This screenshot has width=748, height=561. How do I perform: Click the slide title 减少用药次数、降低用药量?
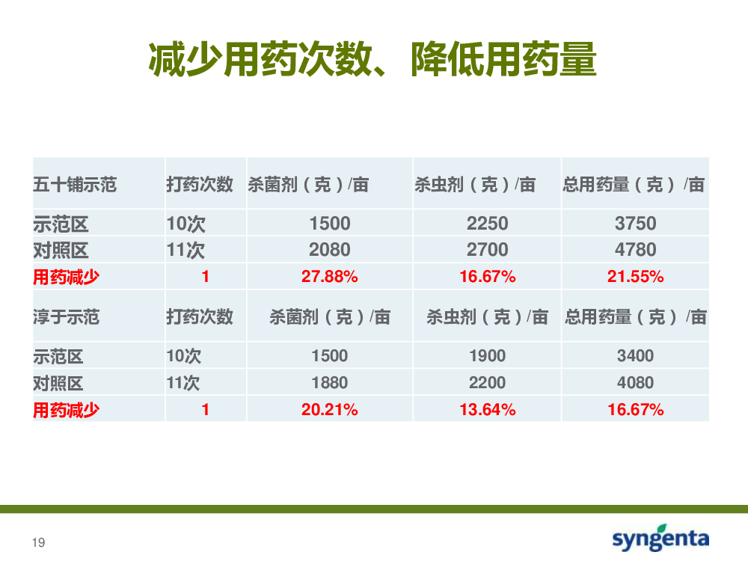[x=373, y=59]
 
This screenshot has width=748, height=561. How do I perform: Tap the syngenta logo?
[x=660, y=538]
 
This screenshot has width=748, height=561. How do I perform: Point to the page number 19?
[x=39, y=542]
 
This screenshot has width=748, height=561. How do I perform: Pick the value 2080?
[x=330, y=250]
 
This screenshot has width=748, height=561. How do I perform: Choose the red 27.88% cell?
[x=330, y=276]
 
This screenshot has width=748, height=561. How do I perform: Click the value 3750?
[x=635, y=223]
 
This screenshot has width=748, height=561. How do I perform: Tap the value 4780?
[x=635, y=250]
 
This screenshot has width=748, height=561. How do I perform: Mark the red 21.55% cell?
[x=635, y=276]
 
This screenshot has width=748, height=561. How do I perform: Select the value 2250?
[x=488, y=223]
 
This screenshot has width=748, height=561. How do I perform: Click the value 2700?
[x=488, y=250]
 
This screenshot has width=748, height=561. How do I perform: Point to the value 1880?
[x=330, y=382]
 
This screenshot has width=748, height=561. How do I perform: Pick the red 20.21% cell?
[x=330, y=409]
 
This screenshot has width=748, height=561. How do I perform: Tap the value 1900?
[x=488, y=356]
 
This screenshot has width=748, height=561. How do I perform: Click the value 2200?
[x=488, y=382]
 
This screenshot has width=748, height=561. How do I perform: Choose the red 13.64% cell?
[x=488, y=409]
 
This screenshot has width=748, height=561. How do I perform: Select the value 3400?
[x=635, y=356]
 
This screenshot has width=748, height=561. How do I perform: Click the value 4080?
[x=635, y=382]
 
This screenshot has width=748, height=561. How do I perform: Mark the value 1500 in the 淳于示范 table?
[x=330, y=356]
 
